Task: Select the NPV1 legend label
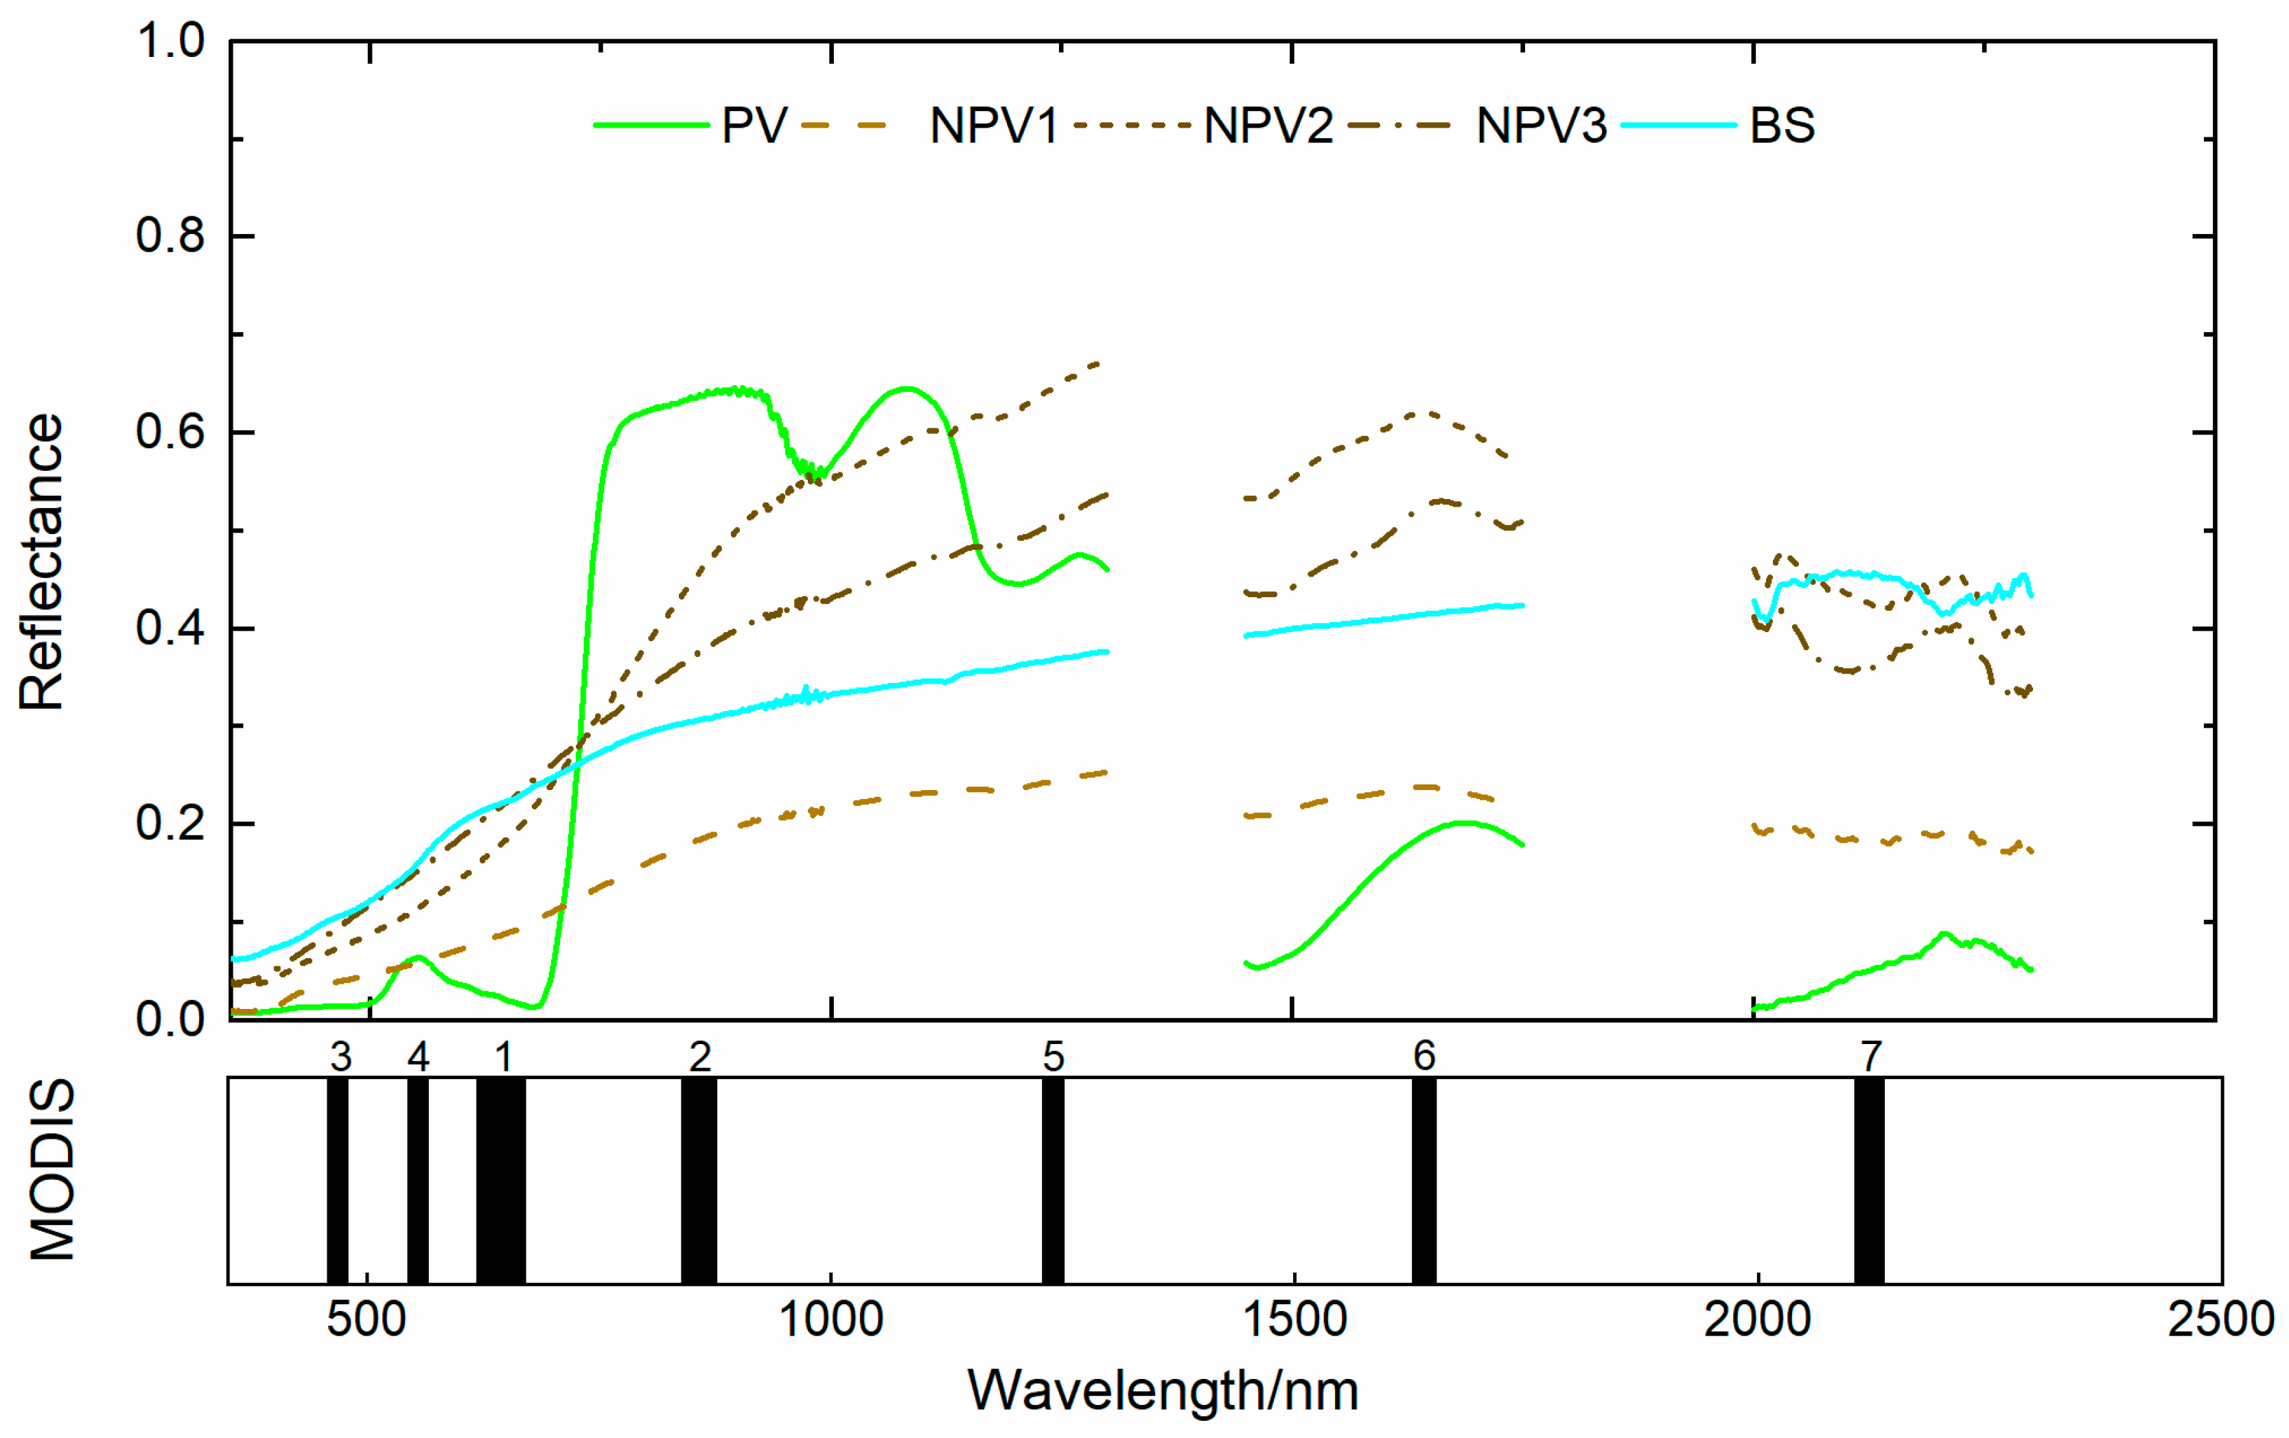[993, 126]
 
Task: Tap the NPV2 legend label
[1268, 126]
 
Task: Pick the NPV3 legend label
[1541, 126]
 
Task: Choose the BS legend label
[1782, 126]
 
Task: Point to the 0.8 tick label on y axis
[170, 235]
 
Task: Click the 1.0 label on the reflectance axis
[170, 42]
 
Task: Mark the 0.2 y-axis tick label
[170, 823]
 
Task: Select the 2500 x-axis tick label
[2220, 1320]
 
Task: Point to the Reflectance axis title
[42, 563]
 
